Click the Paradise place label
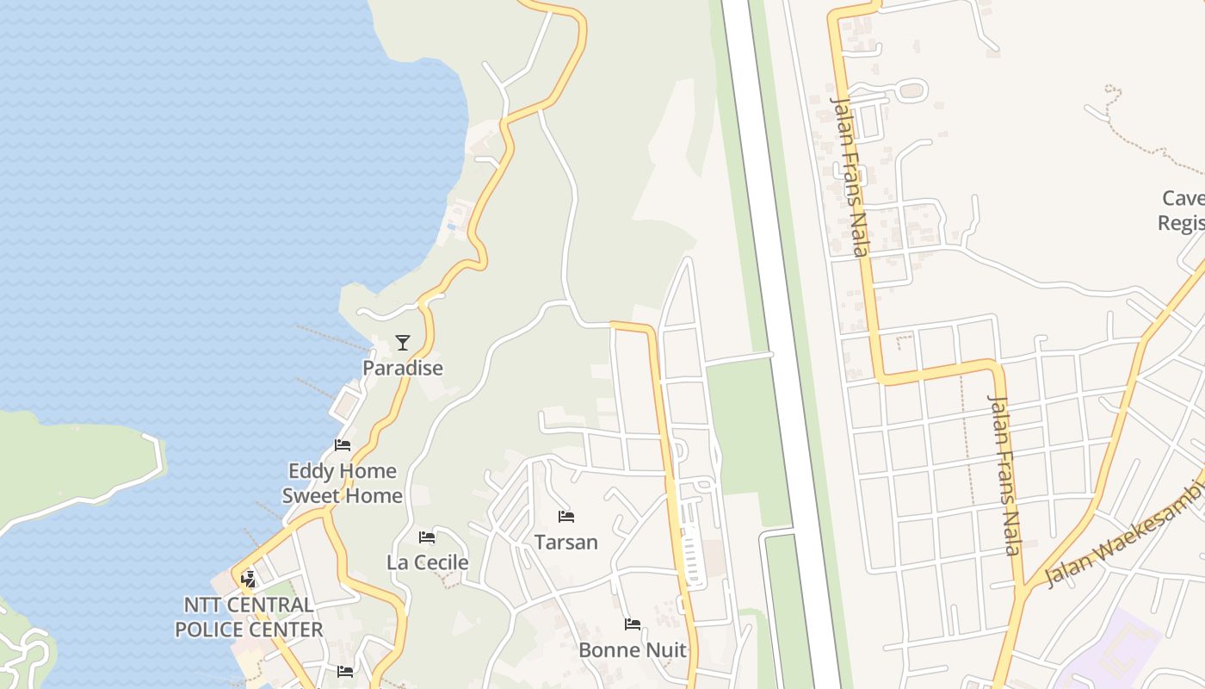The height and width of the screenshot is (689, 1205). pyautogui.click(x=402, y=368)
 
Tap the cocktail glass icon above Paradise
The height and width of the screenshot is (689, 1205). pyautogui.click(x=402, y=343)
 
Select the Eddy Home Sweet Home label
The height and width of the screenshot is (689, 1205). pyautogui.click(x=342, y=483)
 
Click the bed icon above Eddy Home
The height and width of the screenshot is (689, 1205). pyautogui.click(x=343, y=445)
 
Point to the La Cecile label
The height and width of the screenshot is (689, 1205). pyautogui.click(x=428, y=562)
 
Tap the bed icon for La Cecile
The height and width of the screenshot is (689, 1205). pyautogui.click(x=427, y=537)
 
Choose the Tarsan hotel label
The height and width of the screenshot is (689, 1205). pyautogui.click(x=565, y=542)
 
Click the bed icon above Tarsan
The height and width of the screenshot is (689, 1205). pyautogui.click(x=565, y=517)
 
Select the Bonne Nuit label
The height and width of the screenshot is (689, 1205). pyautogui.click(x=633, y=649)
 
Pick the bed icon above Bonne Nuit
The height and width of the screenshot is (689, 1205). pyautogui.click(x=633, y=624)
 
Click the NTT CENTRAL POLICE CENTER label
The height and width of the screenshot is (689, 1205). pyautogui.click(x=249, y=617)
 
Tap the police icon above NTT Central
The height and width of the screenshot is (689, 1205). pyautogui.click(x=249, y=579)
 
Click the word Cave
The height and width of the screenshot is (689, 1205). pyautogui.click(x=1183, y=198)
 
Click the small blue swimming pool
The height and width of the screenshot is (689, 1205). pyautogui.click(x=451, y=227)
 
